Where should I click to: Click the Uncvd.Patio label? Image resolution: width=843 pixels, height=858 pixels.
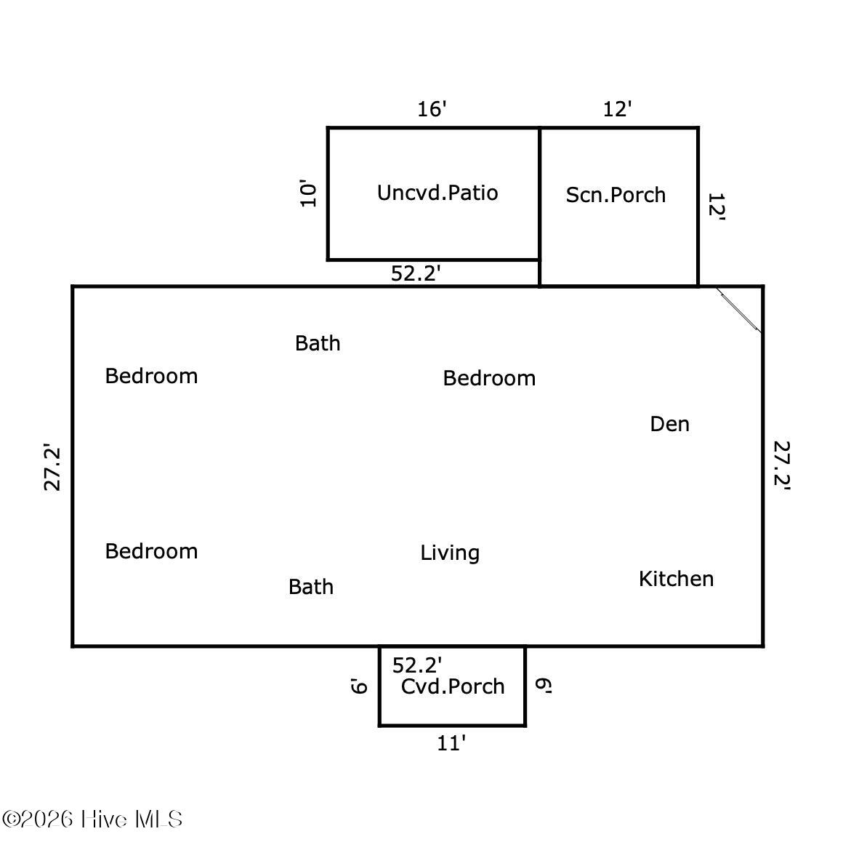437,193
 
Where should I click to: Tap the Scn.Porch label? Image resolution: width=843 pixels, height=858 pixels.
616,195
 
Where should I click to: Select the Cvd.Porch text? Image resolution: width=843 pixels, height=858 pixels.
453,686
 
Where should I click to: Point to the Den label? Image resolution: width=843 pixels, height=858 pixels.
669,424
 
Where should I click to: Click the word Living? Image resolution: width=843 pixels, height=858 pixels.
450,553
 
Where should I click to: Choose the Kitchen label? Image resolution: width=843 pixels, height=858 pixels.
676,579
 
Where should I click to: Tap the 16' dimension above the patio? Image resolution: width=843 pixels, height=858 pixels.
432,109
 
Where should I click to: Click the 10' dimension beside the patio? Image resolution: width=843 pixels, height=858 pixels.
308,193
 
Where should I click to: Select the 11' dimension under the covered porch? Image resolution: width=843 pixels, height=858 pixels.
451,743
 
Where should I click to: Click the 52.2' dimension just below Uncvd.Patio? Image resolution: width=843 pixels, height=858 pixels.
416,273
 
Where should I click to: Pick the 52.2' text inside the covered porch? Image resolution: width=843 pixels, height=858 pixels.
417,665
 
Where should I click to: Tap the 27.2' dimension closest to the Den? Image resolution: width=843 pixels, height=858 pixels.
782,465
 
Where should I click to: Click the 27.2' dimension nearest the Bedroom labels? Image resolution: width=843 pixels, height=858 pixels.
52,468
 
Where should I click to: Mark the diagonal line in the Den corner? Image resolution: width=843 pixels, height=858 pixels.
739,310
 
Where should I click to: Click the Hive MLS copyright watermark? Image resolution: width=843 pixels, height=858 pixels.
92,819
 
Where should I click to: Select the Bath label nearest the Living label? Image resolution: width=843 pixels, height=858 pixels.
311,587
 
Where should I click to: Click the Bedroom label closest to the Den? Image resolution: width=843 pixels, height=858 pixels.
489,378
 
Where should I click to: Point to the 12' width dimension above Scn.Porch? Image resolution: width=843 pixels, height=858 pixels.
617,109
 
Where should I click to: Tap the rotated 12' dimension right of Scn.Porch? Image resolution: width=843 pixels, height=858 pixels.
716,207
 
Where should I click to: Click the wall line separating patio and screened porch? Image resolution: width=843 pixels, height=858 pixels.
540,207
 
